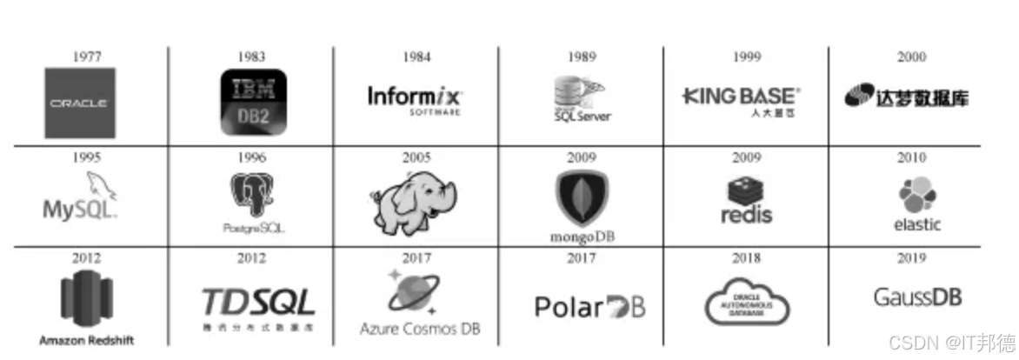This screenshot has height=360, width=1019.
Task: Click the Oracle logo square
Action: tap(79, 103)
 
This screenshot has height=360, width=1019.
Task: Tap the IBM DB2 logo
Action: tap(252, 103)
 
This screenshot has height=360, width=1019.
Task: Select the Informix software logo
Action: tap(416, 97)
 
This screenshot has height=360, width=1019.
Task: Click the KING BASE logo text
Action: tap(741, 96)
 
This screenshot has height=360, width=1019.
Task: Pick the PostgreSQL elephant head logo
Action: tap(253, 196)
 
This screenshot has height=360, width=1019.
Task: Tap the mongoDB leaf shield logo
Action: tap(582, 197)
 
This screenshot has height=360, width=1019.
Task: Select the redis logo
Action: tap(746, 201)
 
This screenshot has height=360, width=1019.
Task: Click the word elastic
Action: tap(916, 224)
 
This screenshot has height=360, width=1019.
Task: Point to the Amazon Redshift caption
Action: tap(87, 340)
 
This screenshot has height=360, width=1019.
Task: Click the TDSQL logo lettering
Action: tap(258, 302)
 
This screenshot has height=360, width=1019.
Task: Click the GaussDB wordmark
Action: tap(917, 297)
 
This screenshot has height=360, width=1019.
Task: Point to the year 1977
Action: tap(87, 57)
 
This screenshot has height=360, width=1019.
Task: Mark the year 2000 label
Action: tap(911, 57)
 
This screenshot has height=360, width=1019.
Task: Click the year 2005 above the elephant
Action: tap(416, 157)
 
